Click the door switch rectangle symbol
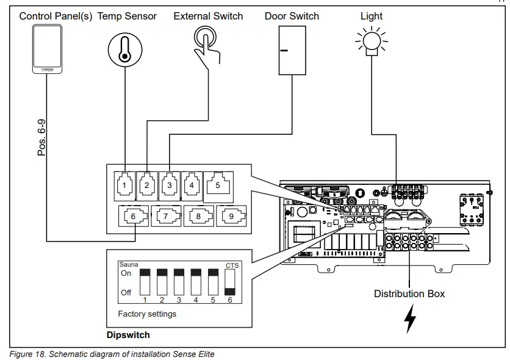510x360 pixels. point(293,51)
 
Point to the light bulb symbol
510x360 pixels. point(370,43)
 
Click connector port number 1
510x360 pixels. point(124,184)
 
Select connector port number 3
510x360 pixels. point(169,184)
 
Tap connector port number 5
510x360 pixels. point(217,184)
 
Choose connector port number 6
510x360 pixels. point(134,215)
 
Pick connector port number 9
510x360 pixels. point(232,215)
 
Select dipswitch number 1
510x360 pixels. point(145,283)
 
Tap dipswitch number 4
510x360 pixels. point(196,283)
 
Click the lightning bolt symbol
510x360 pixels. point(411,319)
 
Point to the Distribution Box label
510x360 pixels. point(409,294)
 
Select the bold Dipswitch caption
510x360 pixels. point(128,335)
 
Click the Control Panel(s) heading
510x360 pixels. point(56,16)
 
